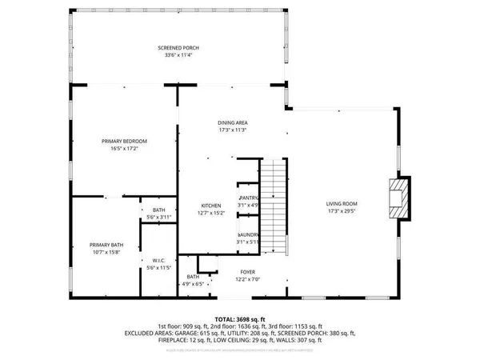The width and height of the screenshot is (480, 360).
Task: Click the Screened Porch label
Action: click(178, 48)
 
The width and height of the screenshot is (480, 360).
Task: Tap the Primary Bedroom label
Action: click(124, 141)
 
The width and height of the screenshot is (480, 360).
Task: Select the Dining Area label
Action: click(232, 122)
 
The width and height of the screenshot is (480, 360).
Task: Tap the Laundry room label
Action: click(248, 234)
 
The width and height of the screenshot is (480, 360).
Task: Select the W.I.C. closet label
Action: click(158, 260)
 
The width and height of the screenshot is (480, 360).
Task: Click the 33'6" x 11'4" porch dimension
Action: click(178, 55)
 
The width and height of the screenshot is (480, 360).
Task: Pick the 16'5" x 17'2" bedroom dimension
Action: click(124, 148)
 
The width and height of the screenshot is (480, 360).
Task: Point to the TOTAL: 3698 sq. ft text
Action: click(239, 318)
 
